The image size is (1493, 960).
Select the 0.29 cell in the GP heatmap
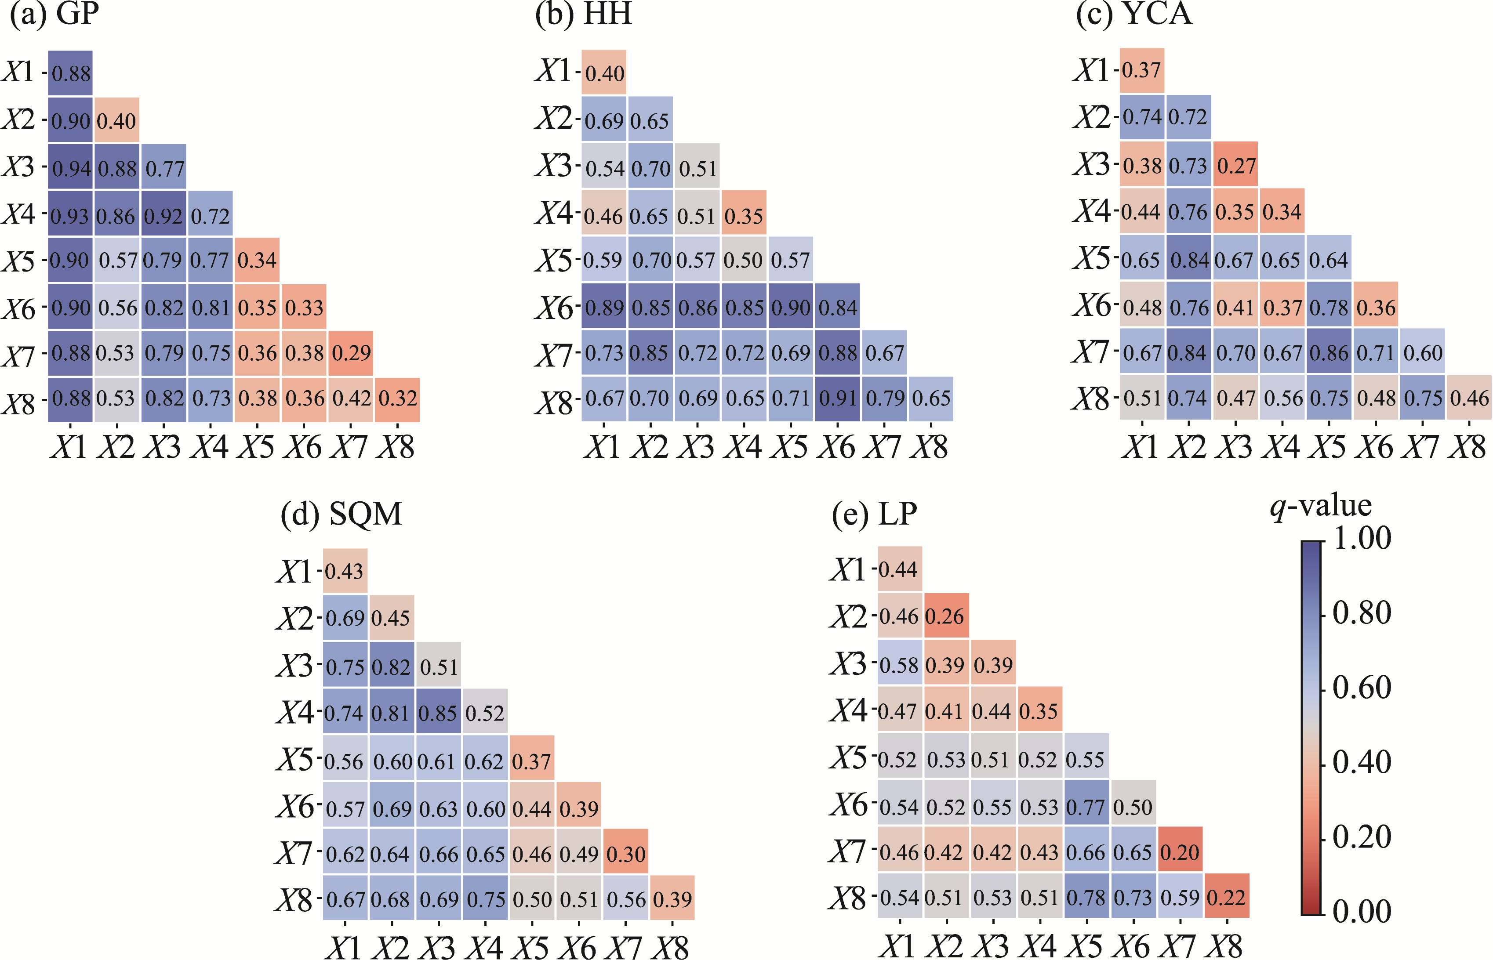(x=351, y=353)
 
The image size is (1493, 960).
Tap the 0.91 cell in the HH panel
(x=837, y=399)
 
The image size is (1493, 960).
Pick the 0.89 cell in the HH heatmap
(x=604, y=307)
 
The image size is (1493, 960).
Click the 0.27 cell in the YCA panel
(x=1235, y=165)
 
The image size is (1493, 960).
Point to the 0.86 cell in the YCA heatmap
(x=1329, y=352)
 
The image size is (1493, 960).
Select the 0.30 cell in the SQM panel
(x=625, y=853)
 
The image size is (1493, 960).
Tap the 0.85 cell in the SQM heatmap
(x=438, y=713)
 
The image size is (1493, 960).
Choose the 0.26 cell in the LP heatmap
(x=946, y=616)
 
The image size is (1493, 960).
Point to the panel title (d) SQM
(x=341, y=514)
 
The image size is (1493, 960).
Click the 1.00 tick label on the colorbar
(x=1362, y=537)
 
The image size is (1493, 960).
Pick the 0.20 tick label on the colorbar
(x=1362, y=837)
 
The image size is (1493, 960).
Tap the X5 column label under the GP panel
(x=256, y=447)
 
